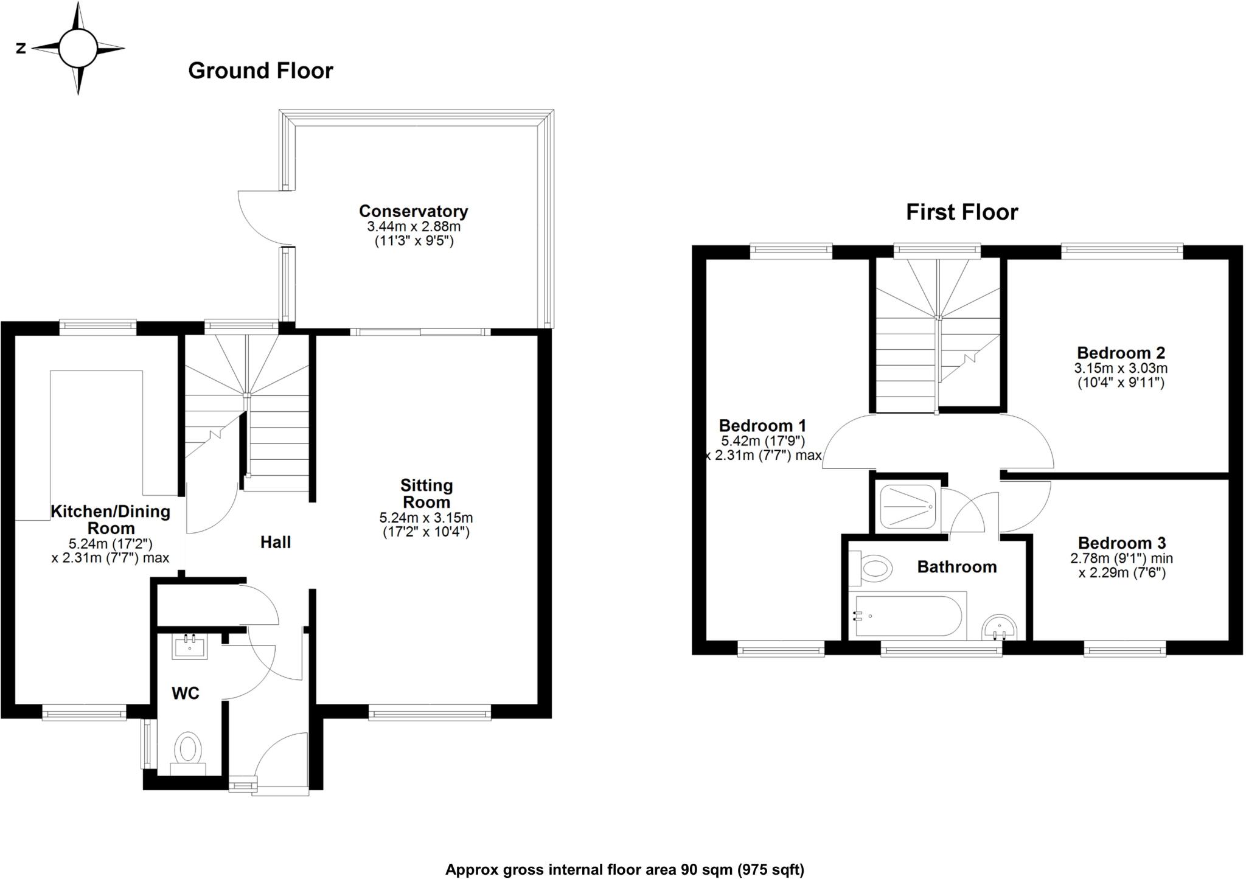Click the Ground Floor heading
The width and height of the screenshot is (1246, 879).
click(260, 71)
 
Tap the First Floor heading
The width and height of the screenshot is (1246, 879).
click(961, 212)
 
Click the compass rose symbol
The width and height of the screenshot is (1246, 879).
click(77, 48)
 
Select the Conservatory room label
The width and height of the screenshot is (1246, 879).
click(413, 211)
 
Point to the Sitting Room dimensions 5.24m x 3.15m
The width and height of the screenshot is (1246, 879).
click(426, 518)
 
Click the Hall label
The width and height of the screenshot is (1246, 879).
click(276, 542)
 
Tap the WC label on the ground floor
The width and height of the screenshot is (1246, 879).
click(185, 693)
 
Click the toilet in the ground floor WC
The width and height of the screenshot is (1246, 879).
click(188, 749)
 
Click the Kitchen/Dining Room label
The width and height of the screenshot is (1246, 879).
click(110, 519)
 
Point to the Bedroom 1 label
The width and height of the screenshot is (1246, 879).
click(762, 425)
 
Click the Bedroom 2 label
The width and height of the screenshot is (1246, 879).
click(1121, 353)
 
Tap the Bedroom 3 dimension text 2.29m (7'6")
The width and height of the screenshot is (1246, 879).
click(1122, 572)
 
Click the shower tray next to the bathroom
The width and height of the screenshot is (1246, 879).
click(907, 507)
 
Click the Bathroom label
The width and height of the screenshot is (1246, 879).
click(956, 567)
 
